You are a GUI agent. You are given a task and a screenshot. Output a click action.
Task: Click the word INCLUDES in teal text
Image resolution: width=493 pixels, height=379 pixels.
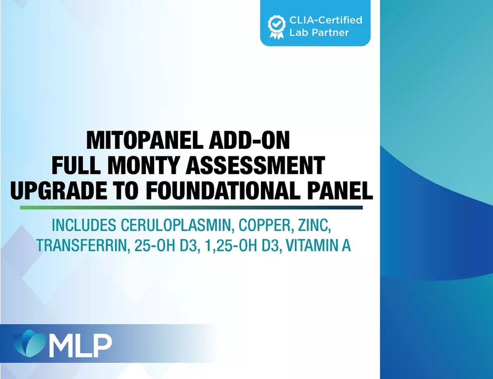[84, 225]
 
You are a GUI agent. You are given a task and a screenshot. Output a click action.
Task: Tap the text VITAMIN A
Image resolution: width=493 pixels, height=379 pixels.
[318, 245]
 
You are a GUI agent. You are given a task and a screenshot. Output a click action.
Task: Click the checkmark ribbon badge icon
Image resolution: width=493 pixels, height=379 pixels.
[277, 27]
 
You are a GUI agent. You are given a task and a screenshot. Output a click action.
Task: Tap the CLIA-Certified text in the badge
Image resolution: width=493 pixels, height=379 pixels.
[326, 20]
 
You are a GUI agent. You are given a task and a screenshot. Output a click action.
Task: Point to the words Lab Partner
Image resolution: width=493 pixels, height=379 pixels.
[319, 33]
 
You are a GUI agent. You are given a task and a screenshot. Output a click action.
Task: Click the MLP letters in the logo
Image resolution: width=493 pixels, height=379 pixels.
[81, 345]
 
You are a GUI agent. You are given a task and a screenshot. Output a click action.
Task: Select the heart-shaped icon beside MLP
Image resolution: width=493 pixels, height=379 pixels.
[30, 343]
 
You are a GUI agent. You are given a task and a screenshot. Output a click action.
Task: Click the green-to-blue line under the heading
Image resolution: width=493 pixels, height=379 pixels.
[191, 207]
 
